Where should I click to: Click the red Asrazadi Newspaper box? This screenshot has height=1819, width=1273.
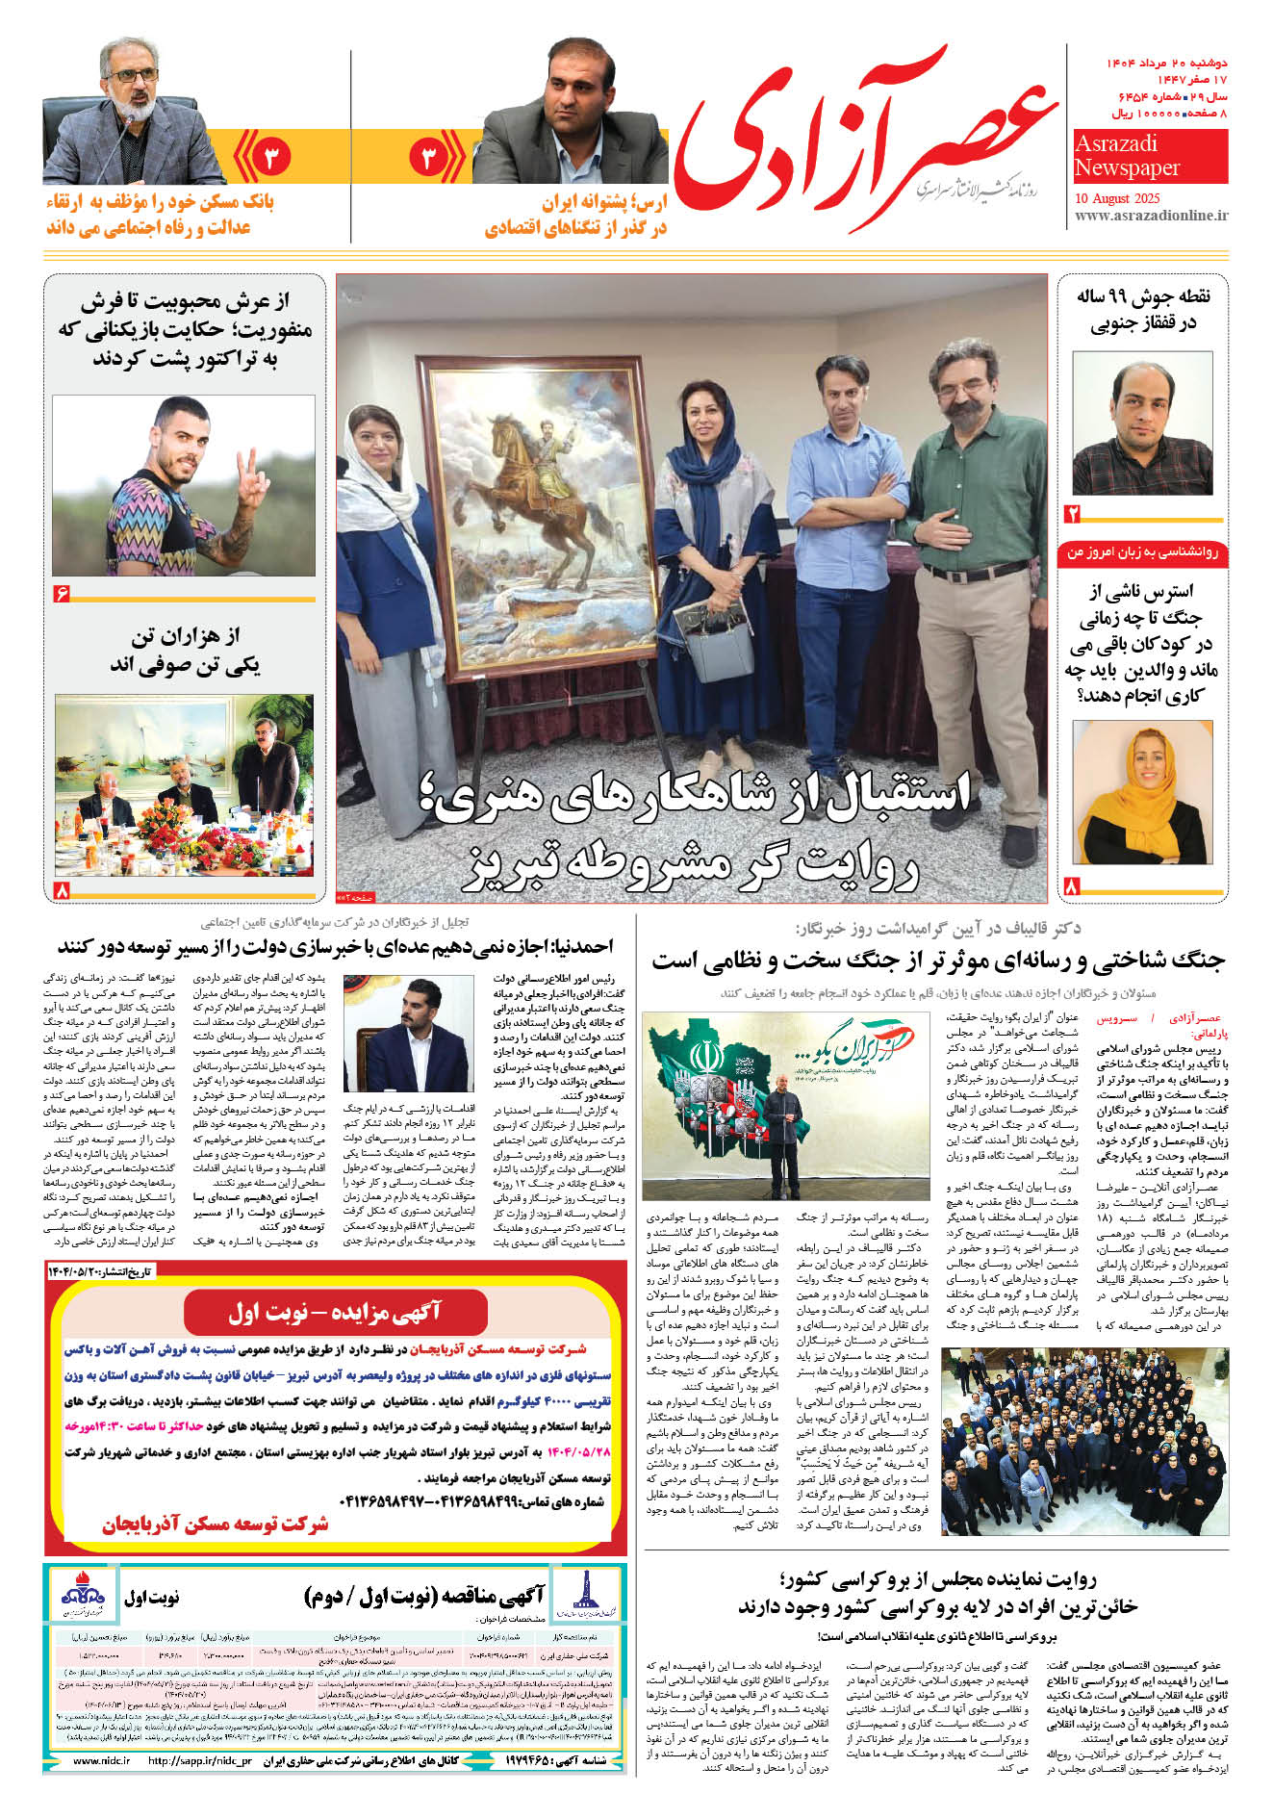(1150, 156)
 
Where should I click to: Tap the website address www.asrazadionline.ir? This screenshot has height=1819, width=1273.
(1151, 216)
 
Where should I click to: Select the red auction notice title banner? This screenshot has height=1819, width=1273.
(335, 1312)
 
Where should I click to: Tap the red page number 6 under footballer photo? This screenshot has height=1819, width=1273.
(63, 594)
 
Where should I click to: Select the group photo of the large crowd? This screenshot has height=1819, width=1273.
(1084, 1441)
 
